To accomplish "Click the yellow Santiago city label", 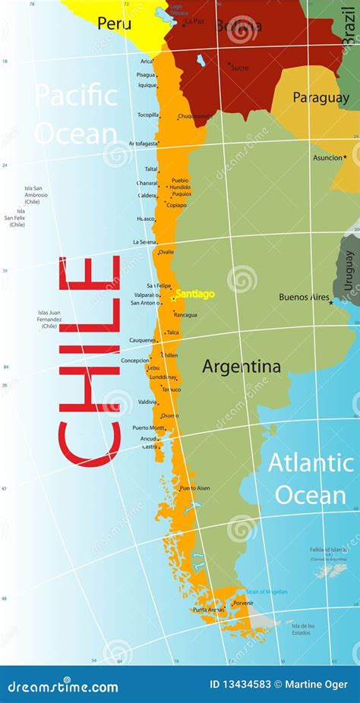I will tap(195, 294).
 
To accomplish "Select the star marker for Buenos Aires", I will tap(330, 302).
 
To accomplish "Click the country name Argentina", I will tap(241, 367).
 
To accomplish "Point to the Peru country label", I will tap(109, 24).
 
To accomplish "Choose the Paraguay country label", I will tap(321, 97).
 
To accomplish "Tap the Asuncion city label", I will tap(328, 158).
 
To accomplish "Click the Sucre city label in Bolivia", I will tap(239, 68).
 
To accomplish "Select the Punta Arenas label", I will tap(207, 610).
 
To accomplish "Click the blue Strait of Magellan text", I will tap(266, 591).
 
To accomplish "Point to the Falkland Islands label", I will tap(329, 550).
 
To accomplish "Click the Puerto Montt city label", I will tap(148, 427).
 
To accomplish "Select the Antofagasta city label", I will tap(143, 143).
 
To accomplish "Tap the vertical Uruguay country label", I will tap(349, 271).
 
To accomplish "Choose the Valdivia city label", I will tap(147, 402).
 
